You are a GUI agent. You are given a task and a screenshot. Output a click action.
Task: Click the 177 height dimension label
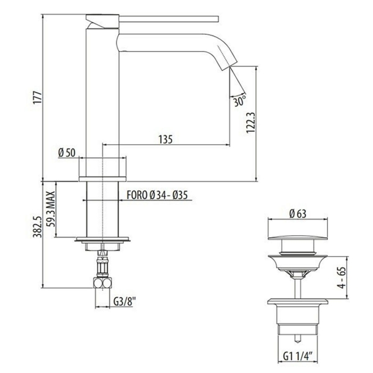(37, 97)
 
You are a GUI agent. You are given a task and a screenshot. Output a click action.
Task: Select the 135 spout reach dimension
(165, 139)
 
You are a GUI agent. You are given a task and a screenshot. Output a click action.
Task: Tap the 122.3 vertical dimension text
(251, 122)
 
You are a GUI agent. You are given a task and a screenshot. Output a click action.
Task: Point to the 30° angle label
(239, 101)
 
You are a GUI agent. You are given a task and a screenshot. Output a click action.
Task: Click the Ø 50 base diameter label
(67, 153)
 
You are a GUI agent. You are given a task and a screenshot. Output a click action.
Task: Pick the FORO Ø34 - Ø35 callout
(157, 195)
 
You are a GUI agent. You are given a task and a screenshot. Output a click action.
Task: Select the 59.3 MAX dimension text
(50, 209)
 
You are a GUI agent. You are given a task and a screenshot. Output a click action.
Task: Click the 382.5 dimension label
(37, 227)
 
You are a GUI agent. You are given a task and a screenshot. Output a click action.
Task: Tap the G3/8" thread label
(124, 302)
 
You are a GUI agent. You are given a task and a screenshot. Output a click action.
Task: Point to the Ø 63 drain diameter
(298, 214)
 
